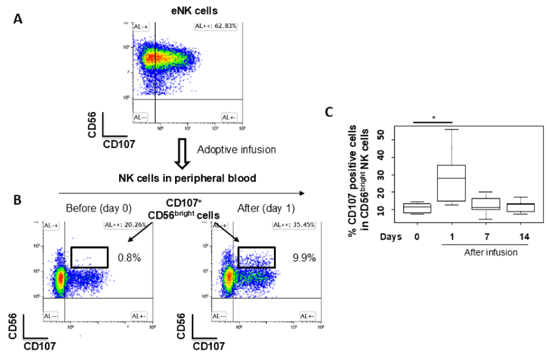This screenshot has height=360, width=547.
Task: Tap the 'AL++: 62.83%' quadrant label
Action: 216,26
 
